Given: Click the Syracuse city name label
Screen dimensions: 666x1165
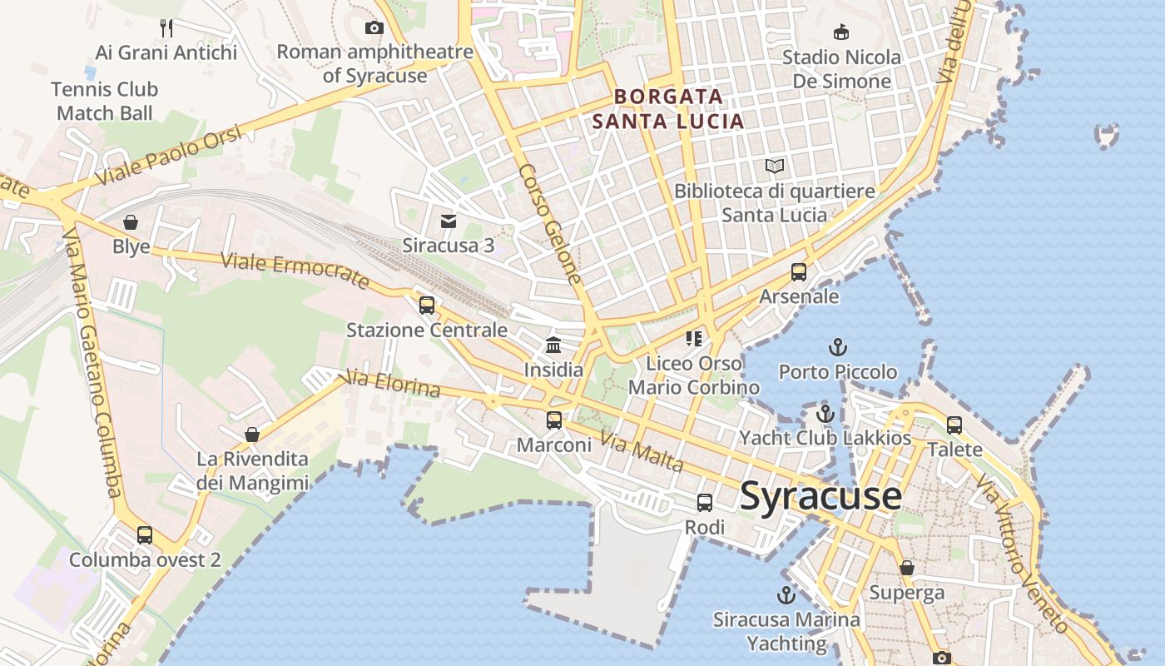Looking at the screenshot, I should coord(820,496).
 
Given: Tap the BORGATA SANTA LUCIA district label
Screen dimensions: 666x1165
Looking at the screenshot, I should coord(667,109).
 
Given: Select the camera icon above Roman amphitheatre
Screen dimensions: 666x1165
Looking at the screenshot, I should coord(374,28).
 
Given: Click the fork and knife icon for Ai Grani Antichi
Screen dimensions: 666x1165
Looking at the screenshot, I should coord(166,28).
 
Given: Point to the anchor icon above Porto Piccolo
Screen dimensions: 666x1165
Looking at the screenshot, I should coord(837,347).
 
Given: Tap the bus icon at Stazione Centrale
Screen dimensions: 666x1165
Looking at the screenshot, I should coord(427,306).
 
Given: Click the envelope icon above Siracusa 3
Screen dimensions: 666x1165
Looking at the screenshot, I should coord(449,221).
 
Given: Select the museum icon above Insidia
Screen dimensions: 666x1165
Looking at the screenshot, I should coord(553,345).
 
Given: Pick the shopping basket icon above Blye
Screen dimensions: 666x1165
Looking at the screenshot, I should coord(131,222).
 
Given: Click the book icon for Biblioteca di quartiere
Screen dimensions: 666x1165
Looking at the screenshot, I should coord(775,166).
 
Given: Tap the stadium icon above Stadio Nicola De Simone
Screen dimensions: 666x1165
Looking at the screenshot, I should coord(841,32).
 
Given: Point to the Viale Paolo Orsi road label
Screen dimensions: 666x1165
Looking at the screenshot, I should coord(169,156).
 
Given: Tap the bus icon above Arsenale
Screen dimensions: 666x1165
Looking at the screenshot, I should coord(798,272).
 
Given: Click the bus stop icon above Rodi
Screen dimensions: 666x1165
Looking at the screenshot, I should coord(704,503).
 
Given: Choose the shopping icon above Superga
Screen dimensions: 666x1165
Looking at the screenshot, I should coord(907,568).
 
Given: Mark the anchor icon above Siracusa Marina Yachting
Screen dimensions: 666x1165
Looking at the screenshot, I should coord(786,595).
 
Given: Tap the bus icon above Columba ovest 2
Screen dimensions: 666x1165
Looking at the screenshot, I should coord(145,535).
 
